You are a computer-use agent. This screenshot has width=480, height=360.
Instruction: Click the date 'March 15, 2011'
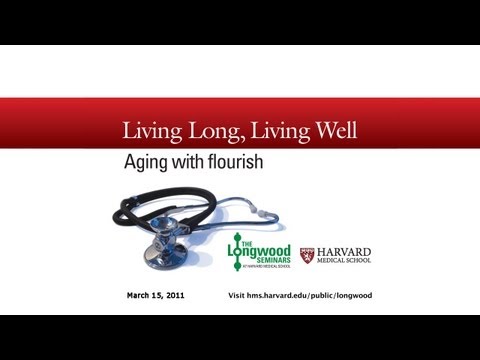pyautogui.click(x=156, y=297)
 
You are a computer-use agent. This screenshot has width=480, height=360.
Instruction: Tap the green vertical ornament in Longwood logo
pyautogui.click(x=238, y=255)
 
